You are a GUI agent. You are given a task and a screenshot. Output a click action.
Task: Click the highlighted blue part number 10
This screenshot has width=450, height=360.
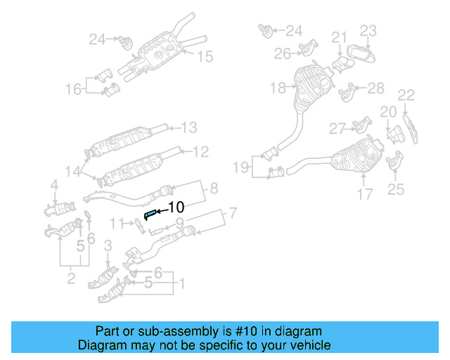pyautogui.click(x=150, y=212)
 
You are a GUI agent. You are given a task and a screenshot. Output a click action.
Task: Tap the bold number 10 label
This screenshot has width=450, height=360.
pyautogui.click(x=176, y=207)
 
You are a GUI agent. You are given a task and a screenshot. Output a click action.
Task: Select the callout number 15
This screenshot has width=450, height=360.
pyautogui.click(x=204, y=57)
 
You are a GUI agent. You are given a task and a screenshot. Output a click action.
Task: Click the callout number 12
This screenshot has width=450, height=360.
pyautogui.click(x=200, y=150)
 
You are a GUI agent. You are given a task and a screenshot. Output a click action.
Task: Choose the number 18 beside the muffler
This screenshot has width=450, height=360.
pyautogui.click(x=277, y=89)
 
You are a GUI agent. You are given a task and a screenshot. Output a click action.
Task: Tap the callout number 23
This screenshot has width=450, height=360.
pyautogui.click(x=369, y=30)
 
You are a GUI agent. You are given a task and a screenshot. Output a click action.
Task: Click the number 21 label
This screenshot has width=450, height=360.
pyautogui.click(x=340, y=37)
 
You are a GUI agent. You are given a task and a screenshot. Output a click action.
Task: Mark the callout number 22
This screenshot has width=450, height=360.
pyautogui.click(x=406, y=95)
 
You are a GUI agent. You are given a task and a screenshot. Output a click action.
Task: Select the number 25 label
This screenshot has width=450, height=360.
pyautogui.click(x=396, y=189)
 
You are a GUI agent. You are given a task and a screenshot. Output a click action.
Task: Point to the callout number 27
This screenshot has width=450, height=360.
pyautogui.click(x=338, y=128)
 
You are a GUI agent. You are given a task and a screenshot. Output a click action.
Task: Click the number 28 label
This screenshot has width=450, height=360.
pyautogui.click(x=376, y=88)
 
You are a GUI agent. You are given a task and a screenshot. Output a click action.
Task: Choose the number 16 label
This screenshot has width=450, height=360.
pyautogui.click(x=74, y=89)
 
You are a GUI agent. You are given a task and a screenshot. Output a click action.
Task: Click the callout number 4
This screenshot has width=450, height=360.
pyautogui.click(x=53, y=186)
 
